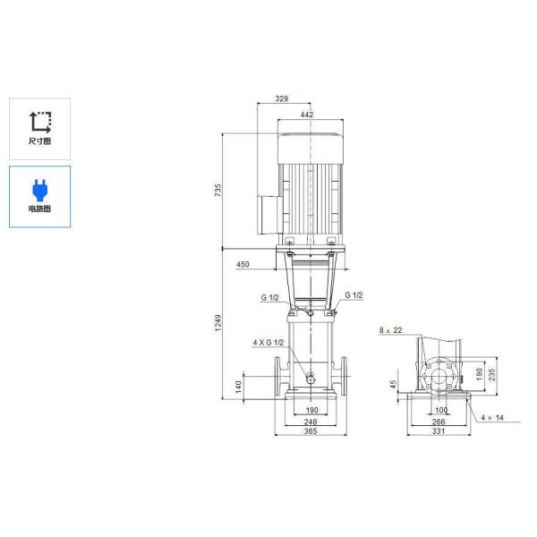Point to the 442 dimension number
pyautogui.click(x=306, y=115)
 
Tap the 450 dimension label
pyautogui.click(x=243, y=266)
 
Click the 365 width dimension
pyautogui.click(x=308, y=431)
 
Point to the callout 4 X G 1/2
pyautogui.click(x=268, y=342)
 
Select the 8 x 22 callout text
pyautogui.click(x=390, y=330)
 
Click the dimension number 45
pyautogui.click(x=393, y=386)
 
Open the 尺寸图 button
pyautogui.click(x=40, y=128)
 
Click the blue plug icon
pyautogui.click(x=40, y=188)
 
